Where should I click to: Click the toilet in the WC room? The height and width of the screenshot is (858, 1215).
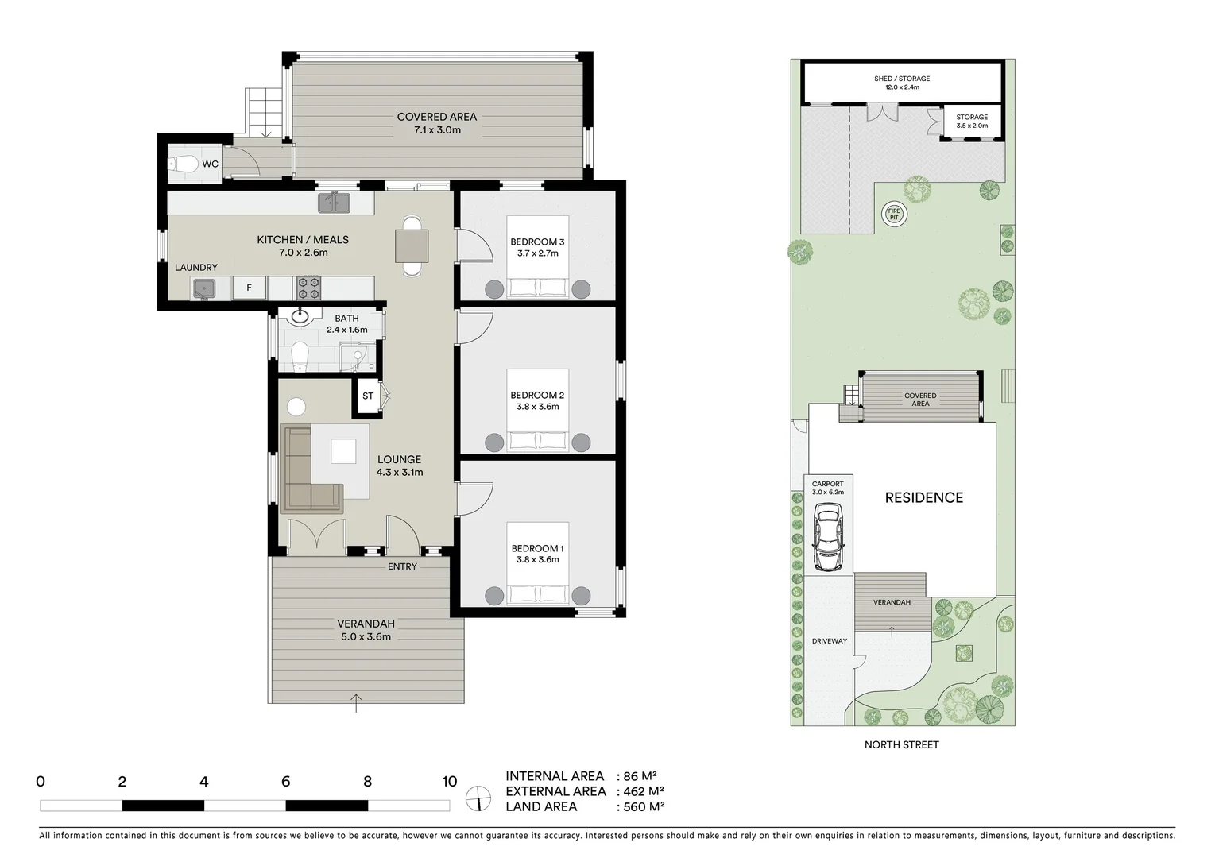click(x=184, y=164)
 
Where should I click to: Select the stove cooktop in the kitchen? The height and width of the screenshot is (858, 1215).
click(x=308, y=288)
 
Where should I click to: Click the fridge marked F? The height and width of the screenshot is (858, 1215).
click(x=249, y=288)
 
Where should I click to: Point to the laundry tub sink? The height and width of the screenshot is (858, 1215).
click(x=204, y=288)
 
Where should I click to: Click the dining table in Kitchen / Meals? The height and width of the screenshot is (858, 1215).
click(x=412, y=245)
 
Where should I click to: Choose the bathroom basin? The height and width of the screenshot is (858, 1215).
click(x=300, y=318)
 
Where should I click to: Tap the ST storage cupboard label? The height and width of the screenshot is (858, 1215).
click(x=368, y=396)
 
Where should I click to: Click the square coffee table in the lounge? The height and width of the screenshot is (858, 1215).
click(x=344, y=450)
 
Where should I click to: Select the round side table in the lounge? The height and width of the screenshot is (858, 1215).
click(x=296, y=407)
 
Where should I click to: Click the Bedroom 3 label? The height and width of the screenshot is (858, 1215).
click(x=537, y=242)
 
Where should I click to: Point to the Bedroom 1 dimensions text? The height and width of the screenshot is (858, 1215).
click(x=537, y=559)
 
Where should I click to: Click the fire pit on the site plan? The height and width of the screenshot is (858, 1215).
click(x=893, y=213)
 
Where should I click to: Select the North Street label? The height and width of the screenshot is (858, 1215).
click(x=901, y=744)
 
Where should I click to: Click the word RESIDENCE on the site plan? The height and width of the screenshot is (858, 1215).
click(x=923, y=498)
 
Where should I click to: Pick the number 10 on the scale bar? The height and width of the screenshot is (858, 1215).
click(x=450, y=782)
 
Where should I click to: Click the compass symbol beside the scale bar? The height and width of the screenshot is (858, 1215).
click(x=479, y=798)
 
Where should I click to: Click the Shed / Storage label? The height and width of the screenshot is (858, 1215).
click(x=901, y=79)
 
